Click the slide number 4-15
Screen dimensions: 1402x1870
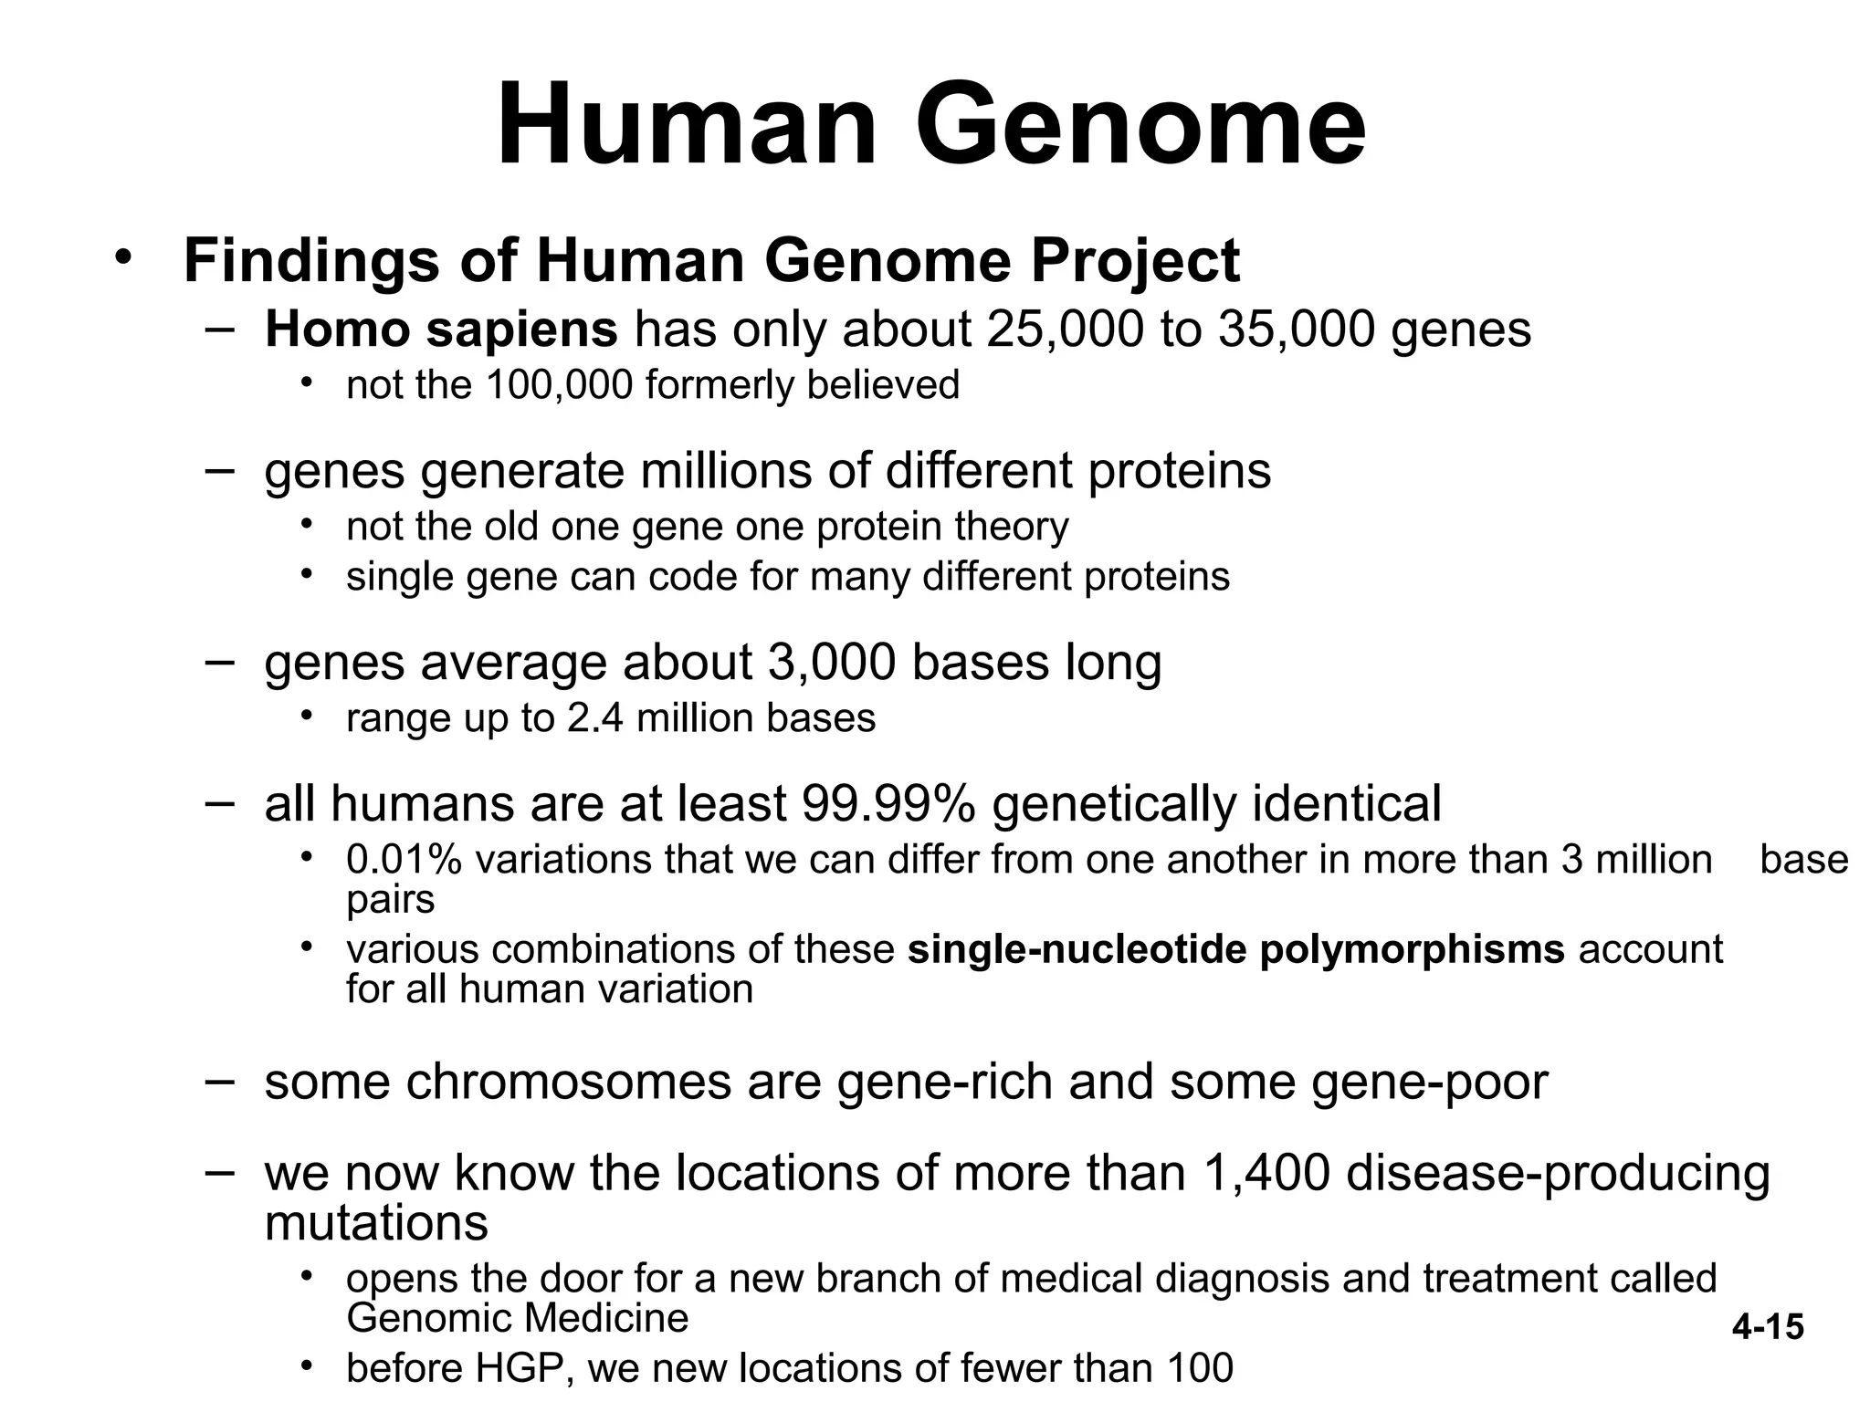point(1768,1326)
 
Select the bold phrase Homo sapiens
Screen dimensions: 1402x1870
point(441,330)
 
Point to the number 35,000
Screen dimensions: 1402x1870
point(1296,330)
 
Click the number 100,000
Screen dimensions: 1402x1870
point(559,385)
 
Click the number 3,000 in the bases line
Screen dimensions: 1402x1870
point(831,663)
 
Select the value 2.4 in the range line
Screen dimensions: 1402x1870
point(596,718)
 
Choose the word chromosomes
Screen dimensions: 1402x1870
point(568,1082)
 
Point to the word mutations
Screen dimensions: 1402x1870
point(376,1222)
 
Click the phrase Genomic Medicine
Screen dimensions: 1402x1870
point(518,1319)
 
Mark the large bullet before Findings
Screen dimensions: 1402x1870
point(124,258)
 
